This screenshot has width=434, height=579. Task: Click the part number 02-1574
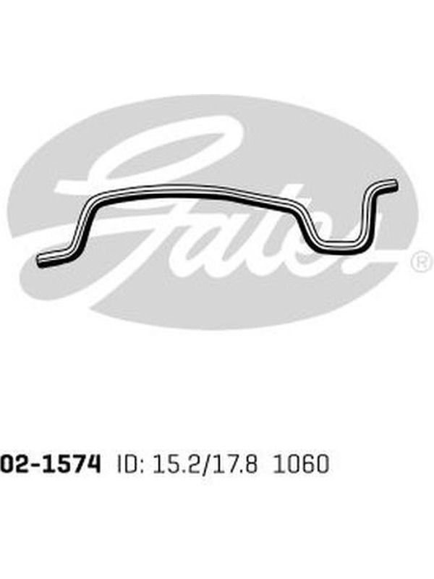tap(50, 464)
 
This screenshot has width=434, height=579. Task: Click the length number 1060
tap(300, 464)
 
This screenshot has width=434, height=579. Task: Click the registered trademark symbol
tap(422, 261)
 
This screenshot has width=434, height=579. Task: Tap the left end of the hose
tap(41, 260)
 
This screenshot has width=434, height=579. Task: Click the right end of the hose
tap(395, 185)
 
